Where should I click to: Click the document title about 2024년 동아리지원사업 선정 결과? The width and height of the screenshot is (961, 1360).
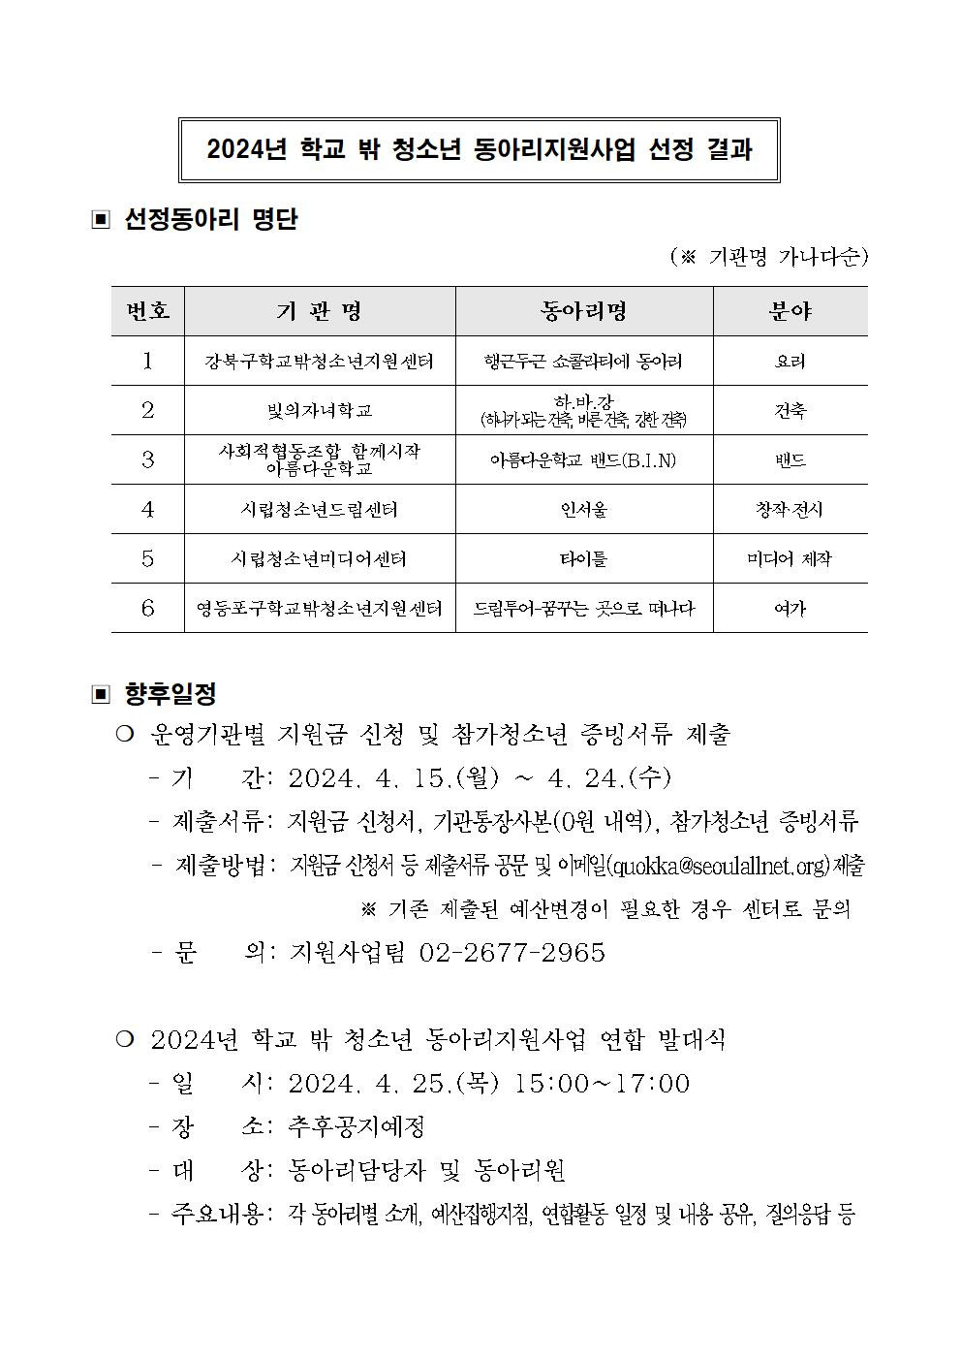click(x=480, y=150)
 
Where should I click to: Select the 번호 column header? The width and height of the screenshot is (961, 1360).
click(x=147, y=311)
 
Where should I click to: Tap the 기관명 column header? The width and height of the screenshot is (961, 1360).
click(x=319, y=311)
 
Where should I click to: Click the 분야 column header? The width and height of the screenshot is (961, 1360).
click(x=790, y=311)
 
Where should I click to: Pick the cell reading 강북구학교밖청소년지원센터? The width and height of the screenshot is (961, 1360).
click(x=319, y=362)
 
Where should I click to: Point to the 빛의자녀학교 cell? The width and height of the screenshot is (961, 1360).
click(x=319, y=411)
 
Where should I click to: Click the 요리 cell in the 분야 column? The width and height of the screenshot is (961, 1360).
click(x=790, y=362)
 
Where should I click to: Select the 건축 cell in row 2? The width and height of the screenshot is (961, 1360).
click(x=790, y=411)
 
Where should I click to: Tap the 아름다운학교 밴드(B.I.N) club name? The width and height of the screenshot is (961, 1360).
click(x=583, y=460)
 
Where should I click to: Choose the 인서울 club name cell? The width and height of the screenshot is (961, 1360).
click(x=583, y=510)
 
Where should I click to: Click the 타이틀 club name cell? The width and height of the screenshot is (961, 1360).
click(x=583, y=559)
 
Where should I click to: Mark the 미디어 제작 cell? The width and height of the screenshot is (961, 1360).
click(x=790, y=559)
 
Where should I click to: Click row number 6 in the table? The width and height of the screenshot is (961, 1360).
click(x=147, y=609)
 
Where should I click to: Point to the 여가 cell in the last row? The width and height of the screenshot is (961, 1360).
click(x=790, y=609)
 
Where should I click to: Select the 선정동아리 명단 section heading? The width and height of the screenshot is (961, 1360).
click(x=210, y=220)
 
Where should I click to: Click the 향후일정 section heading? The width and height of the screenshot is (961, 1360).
click(x=170, y=694)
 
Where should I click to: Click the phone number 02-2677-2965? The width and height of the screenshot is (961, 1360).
click(x=512, y=953)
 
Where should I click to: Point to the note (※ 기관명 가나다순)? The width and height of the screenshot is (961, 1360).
click(x=769, y=257)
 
